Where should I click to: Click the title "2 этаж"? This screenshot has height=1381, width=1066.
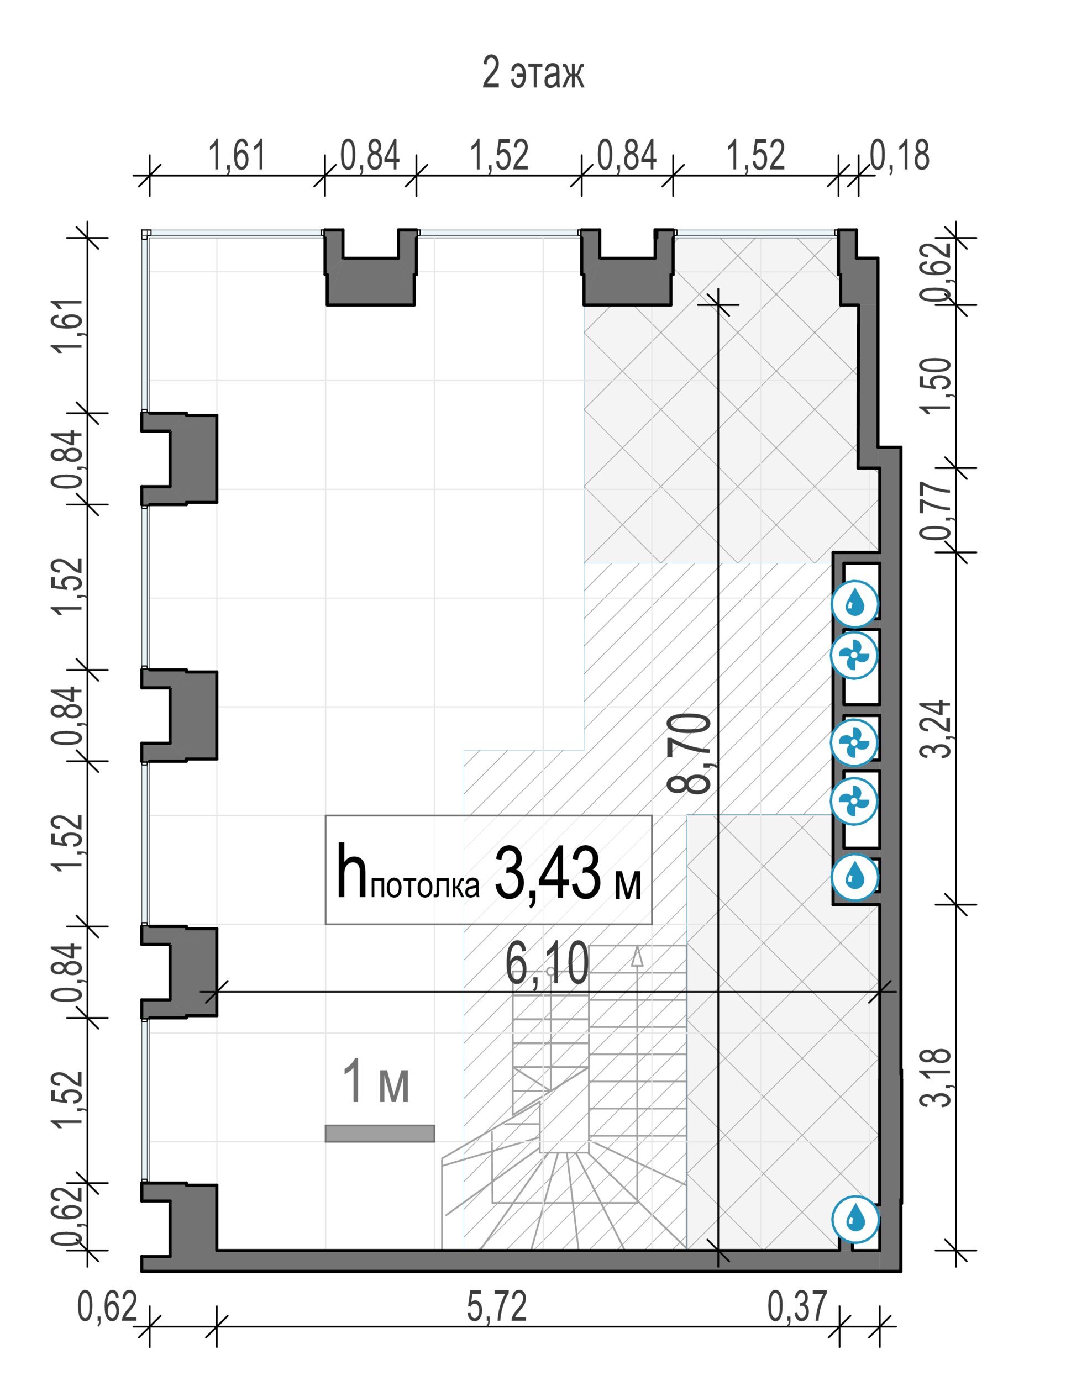[x=533, y=73]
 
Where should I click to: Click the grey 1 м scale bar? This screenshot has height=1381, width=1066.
[x=380, y=1133]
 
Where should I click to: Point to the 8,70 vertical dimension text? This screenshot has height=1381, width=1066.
[x=689, y=753]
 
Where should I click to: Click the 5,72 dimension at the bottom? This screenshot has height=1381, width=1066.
[x=497, y=1306]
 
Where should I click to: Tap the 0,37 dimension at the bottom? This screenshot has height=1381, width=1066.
[x=797, y=1306]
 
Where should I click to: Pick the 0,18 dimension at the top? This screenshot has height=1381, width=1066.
[x=900, y=155]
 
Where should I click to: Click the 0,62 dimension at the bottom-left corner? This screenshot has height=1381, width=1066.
[x=107, y=1306]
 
